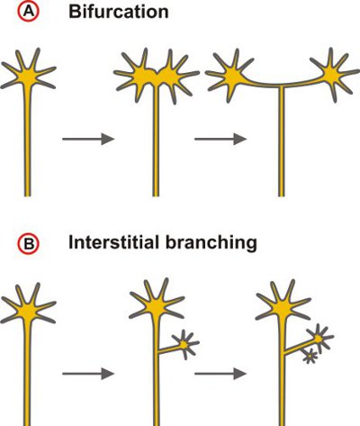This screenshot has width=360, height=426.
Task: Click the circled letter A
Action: (x=29, y=12)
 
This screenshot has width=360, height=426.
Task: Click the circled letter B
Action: (x=29, y=244)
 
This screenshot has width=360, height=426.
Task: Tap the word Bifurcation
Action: (x=119, y=12)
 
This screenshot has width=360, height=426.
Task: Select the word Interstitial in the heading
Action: (x=113, y=242)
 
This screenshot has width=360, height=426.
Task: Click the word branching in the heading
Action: (x=211, y=243)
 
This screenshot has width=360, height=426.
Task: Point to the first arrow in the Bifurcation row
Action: (x=88, y=140)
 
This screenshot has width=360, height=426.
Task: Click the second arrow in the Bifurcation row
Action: (x=220, y=140)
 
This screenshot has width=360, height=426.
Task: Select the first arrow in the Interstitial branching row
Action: (x=88, y=374)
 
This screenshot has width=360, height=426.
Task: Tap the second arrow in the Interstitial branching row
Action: (x=220, y=374)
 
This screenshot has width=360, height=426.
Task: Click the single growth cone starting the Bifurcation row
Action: (x=28, y=75)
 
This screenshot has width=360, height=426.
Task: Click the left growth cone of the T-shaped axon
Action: (x=231, y=75)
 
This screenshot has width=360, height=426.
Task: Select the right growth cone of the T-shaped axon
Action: (x=333, y=75)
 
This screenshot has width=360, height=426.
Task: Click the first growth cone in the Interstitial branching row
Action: (x=28, y=310)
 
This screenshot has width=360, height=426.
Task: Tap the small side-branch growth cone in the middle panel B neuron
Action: (x=184, y=345)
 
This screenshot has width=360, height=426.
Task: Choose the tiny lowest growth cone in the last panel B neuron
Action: (x=310, y=356)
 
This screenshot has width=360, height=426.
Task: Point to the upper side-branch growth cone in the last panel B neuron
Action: (x=319, y=339)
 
